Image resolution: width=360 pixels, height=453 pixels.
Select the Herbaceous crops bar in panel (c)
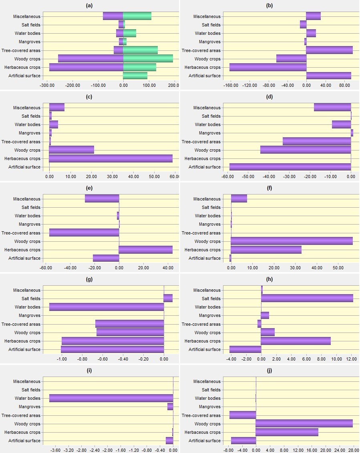point(111,158)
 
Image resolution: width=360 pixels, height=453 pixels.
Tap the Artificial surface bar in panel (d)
point(290,167)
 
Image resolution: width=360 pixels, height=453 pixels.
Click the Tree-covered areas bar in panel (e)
point(84,233)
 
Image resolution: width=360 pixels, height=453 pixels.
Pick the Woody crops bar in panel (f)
point(292,241)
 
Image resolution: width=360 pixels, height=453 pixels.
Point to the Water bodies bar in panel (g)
point(107,307)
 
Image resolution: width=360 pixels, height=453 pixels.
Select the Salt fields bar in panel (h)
point(307,299)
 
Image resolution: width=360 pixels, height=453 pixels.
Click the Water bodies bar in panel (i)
point(111,398)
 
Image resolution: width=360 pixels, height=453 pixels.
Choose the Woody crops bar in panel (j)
point(304,424)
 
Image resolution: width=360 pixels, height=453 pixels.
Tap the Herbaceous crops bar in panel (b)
point(268,67)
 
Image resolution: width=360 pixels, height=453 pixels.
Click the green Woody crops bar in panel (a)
point(148,59)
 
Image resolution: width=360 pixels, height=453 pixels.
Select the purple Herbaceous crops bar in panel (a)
point(86,67)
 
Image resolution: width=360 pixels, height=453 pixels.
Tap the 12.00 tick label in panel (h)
point(352,359)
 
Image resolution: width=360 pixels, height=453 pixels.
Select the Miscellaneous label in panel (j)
point(207,381)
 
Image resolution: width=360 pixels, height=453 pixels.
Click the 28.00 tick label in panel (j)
point(353,450)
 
